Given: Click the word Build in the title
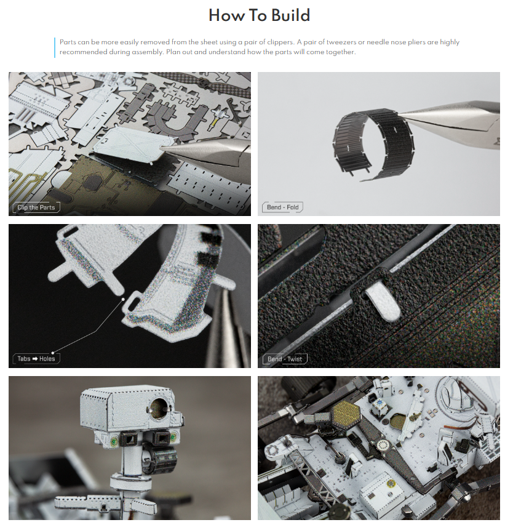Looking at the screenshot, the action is (x=290, y=15).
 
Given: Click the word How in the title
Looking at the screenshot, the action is (x=226, y=15).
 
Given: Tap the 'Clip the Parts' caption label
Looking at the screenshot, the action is (x=36, y=207).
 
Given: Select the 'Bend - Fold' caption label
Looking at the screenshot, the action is (x=282, y=207).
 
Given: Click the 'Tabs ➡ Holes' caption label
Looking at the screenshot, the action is (x=36, y=359).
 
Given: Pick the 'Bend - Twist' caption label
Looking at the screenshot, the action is (x=284, y=359).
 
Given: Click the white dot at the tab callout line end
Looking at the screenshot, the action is (x=123, y=299).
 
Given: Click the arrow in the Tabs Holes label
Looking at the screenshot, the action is (x=35, y=359).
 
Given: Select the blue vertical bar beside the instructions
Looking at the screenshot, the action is (x=55, y=47).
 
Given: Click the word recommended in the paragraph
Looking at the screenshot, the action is (x=83, y=52).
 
